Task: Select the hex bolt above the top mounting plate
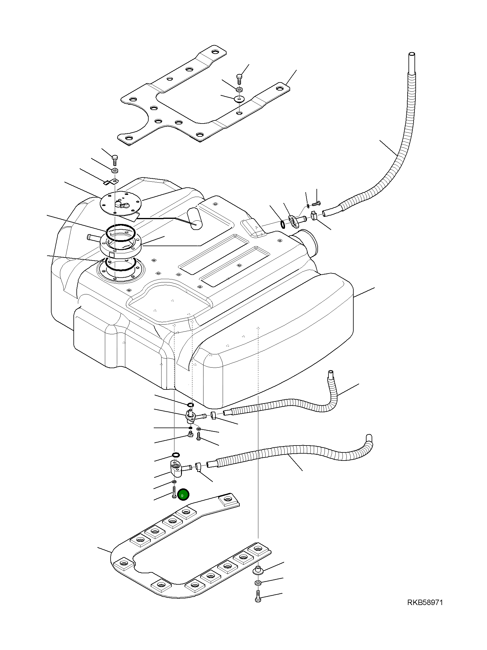239,78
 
